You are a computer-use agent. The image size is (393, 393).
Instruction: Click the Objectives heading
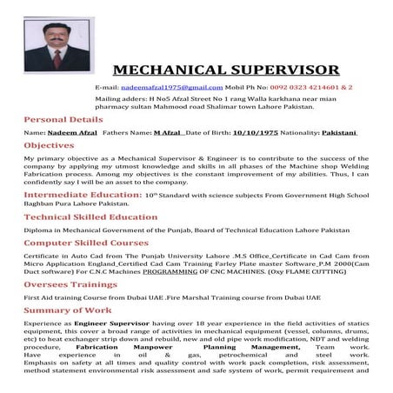pos(49,145)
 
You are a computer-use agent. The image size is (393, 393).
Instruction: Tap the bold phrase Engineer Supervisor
pos(108,322)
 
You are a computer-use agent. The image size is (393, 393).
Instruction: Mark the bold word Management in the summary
pos(296,346)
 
